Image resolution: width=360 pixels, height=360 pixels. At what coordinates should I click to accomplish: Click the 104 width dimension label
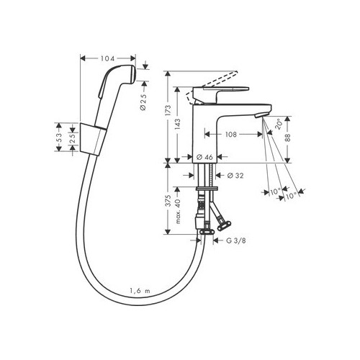point(108,58)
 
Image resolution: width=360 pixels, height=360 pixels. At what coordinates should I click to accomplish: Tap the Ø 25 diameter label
point(143,102)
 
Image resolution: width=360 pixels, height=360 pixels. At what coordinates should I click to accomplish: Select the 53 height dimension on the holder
point(59,138)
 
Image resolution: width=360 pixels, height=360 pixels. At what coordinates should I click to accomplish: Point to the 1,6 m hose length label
point(140,291)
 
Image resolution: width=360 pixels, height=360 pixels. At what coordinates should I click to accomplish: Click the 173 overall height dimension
point(168,110)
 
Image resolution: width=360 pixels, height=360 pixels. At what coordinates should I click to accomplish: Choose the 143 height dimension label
point(178,125)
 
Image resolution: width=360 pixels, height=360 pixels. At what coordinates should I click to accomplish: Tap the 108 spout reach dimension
point(231,135)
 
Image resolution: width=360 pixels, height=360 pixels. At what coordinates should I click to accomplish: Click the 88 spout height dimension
point(288,137)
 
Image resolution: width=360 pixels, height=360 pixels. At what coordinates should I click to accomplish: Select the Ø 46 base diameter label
point(204,157)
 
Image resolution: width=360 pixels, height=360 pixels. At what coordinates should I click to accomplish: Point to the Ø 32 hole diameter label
point(235,176)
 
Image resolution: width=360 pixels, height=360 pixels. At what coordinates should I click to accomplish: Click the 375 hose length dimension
point(168,201)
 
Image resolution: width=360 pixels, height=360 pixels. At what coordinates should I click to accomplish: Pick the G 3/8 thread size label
point(236,240)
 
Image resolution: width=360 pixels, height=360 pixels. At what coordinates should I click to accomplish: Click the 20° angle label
point(279,124)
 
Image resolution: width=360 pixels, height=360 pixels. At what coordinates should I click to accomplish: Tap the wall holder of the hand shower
point(92,140)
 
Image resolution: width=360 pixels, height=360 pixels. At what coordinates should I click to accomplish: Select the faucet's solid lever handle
point(221,92)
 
